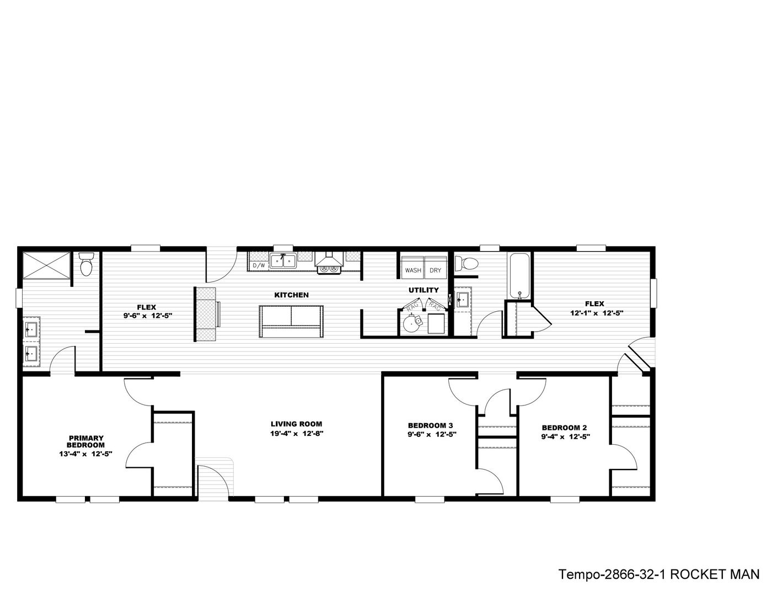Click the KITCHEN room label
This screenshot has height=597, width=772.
click(x=291, y=295)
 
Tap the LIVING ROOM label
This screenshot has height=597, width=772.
click(x=296, y=424)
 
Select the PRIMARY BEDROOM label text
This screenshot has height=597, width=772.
click(x=86, y=441)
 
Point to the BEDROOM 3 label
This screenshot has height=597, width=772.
click(x=430, y=425)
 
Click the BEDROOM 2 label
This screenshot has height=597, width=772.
click(x=564, y=428)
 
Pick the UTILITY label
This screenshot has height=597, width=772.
click(x=423, y=290)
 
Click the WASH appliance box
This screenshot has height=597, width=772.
click(x=412, y=268)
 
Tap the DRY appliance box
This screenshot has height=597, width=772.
click(x=435, y=268)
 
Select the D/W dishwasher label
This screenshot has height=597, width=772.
click(x=259, y=265)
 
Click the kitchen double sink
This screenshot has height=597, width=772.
click(x=283, y=262)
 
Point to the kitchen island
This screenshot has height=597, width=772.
click(x=291, y=321)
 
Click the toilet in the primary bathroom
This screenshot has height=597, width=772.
click(x=86, y=264)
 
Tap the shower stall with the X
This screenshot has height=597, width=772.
click(x=46, y=265)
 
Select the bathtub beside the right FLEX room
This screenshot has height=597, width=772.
click(x=520, y=276)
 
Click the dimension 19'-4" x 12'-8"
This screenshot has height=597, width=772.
click(x=296, y=434)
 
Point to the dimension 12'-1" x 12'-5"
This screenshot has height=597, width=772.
click(x=597, y=313)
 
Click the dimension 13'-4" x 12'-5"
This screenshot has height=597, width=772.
click(x=85, y=454)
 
